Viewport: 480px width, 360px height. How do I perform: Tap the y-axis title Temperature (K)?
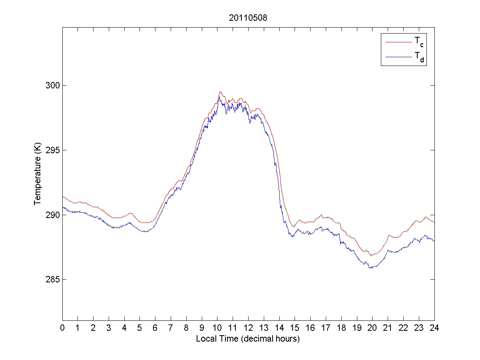[x=38, y=175]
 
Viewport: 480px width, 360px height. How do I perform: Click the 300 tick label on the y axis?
[x=52, y=85]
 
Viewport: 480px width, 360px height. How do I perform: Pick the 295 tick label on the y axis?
[x=52, y=150]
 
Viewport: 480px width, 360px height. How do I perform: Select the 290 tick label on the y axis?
[x=52, y=215]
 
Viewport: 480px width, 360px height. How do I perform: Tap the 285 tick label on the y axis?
[x=52, y=279]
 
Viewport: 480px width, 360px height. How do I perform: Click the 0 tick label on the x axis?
[x=62, y=328]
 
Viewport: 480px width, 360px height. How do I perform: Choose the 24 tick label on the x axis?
[x=434, y=328]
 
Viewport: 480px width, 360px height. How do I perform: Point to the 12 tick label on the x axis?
[x=248, y=328]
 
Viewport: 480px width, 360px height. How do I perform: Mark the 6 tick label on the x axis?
[x=155, y=328]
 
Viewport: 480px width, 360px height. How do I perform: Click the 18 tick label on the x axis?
[x=341, y=328]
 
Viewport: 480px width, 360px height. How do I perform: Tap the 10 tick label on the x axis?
[x=217, y=328]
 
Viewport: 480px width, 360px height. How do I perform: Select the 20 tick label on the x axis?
[x=372, y=328]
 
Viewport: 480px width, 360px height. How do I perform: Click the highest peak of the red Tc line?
[x=220, y=92]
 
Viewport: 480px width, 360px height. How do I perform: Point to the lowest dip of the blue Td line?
[x=370, y=268]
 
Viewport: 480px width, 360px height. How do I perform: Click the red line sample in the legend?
[x=398, y=42]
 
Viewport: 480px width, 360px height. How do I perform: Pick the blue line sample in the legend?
[x=398, y=58]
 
